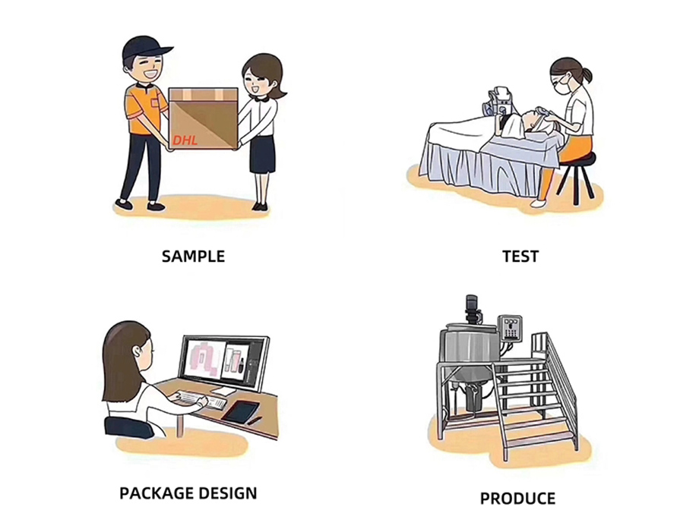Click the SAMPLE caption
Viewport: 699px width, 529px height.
(193, 256)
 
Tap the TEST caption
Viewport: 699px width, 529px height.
(520, 256)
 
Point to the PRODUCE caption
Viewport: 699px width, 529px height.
(517, 499)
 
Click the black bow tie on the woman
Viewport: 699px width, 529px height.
(261, 98)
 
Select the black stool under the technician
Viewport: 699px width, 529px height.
(576, 170)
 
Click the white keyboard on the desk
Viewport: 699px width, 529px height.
(191, 397)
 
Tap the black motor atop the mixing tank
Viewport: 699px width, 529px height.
(472, 307)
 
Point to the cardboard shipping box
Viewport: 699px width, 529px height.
(203, 118)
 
